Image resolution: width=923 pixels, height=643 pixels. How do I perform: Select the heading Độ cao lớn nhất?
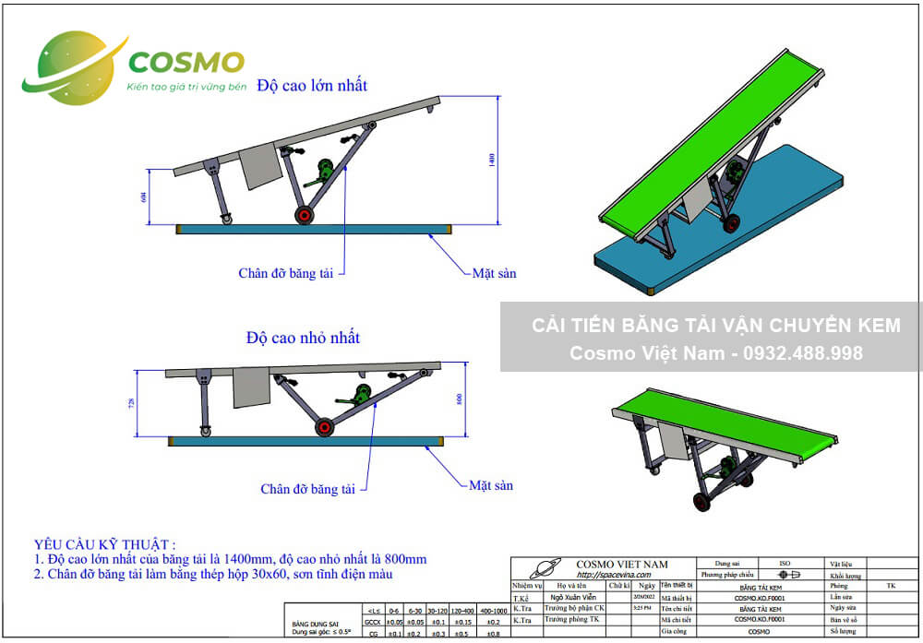(x=312, y=86)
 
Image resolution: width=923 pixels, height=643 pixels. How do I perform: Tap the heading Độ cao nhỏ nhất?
(x=303, y=339)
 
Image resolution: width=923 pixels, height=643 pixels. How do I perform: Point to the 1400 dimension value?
(x=494, y=161)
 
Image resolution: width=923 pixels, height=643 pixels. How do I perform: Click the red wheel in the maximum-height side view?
(x=303, y=215)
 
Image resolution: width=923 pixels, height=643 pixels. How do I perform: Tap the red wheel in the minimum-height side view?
(x=324, y=428)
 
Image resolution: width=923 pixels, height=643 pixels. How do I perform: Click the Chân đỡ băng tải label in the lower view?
(x=308, y=489)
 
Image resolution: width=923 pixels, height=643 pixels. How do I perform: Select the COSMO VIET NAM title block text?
(x=622, y=564)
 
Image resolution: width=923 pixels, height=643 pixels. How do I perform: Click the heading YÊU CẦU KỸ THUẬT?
(x=104, y=544)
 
